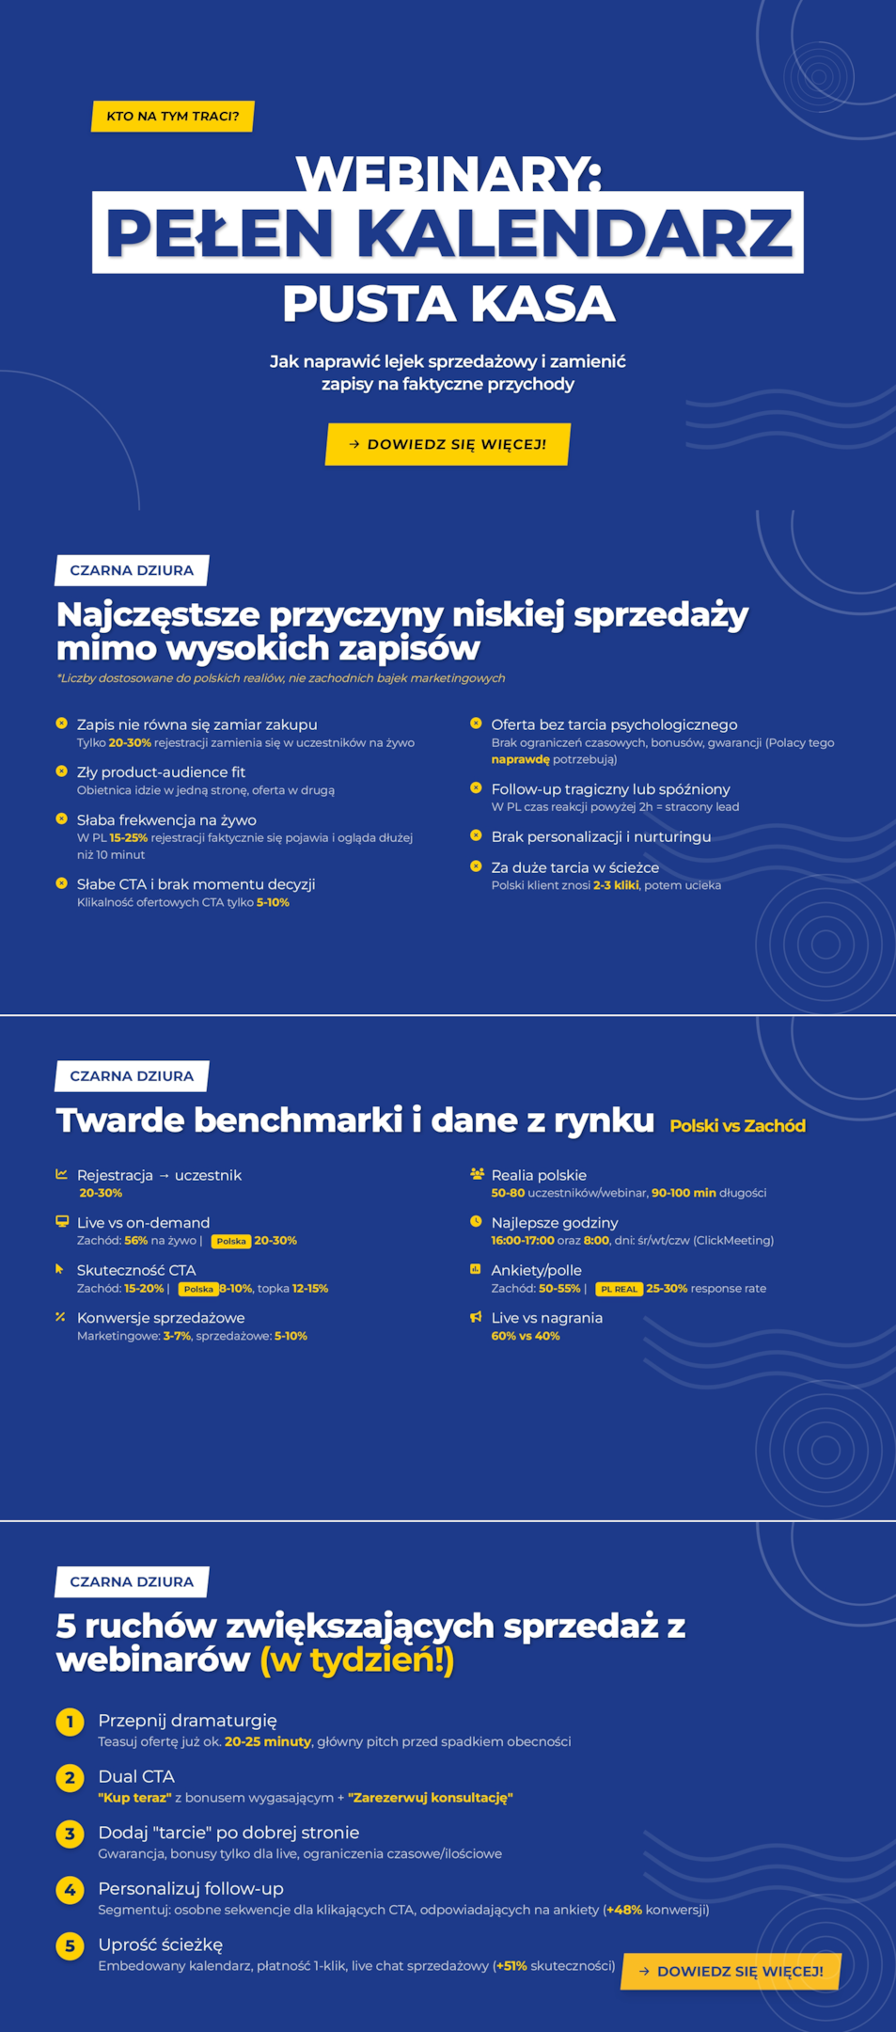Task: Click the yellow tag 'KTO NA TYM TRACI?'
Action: pos(173,116)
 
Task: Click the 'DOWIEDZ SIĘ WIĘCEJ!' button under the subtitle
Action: pos(448,444)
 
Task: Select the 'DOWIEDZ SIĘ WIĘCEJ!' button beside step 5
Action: pos(731,1971)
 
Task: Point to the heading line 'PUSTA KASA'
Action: pos(448,304)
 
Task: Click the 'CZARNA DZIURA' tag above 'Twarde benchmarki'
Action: pos(132,1075)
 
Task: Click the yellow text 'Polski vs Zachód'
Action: pos(737,1125)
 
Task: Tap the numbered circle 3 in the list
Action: pos(70,1834)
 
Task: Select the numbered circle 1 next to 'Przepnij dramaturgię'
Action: pos(70,1722)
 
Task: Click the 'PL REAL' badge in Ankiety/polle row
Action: pos(619,1289)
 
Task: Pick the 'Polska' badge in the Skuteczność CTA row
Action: pos(198,1289)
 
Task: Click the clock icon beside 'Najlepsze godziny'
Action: pos(476,1221)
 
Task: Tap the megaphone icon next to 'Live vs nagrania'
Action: pos(476,1317)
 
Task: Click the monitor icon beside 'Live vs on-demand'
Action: pos(62,1221)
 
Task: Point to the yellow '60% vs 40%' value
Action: pos(525,1336)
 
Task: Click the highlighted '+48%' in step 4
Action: pos(624,1910)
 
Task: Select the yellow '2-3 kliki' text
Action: pos(616,885)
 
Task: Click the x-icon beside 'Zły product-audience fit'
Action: pos(62,770)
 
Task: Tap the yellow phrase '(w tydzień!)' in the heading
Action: pos(357,1659)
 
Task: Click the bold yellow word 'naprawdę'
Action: pos(520,759)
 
